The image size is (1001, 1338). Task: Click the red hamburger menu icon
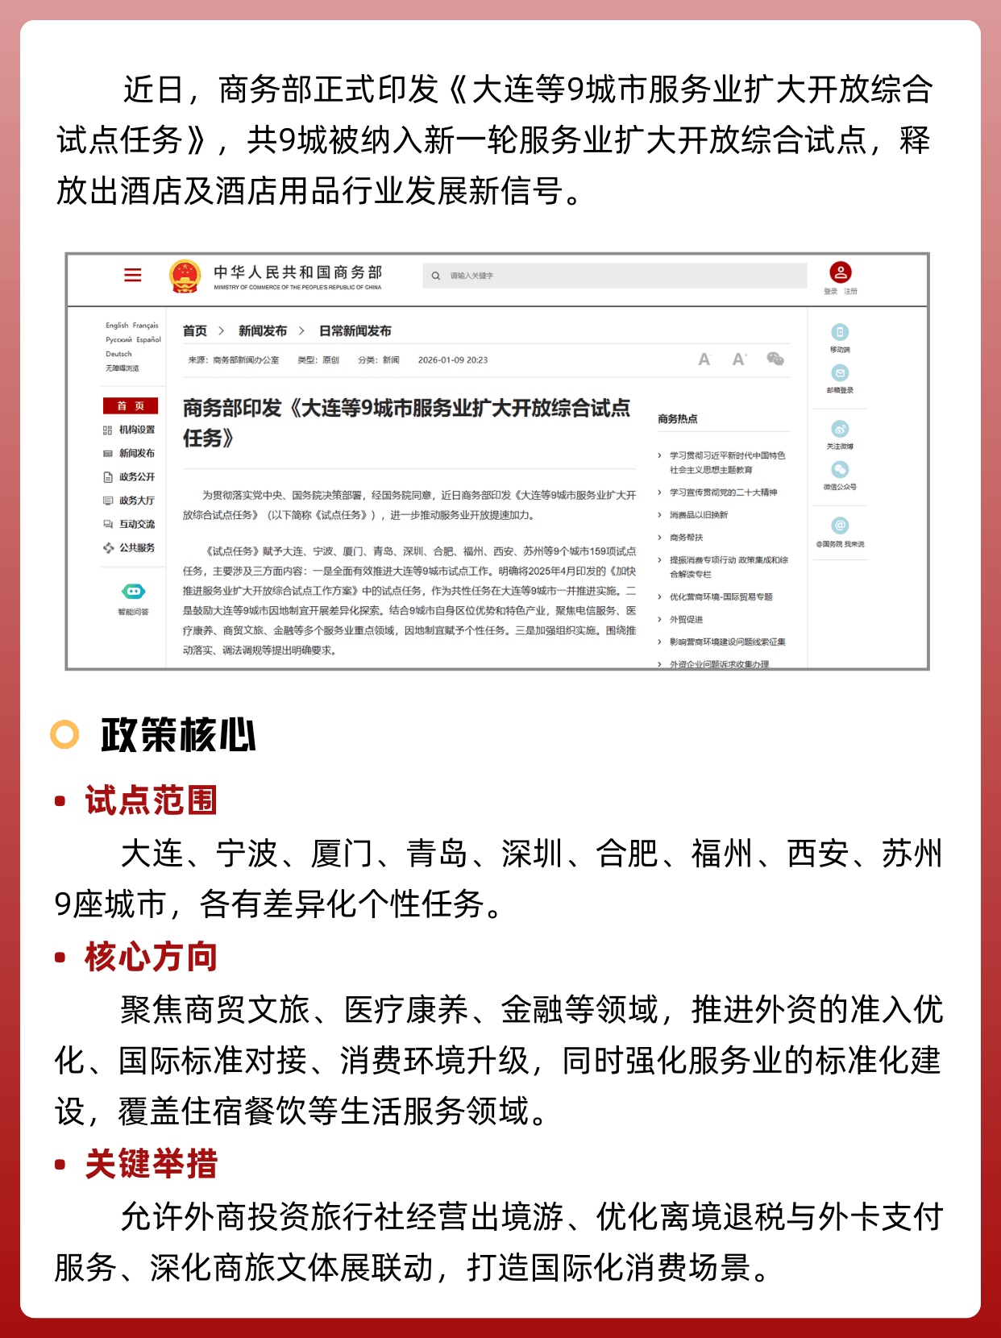133,275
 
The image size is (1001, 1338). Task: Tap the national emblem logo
185,276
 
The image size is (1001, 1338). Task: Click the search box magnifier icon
436,276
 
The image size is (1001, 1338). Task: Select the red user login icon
840,272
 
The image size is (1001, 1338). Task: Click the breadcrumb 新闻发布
263,330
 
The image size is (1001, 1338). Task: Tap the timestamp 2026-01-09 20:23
452,360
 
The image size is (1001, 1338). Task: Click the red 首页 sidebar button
130,405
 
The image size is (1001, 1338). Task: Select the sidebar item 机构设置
136,430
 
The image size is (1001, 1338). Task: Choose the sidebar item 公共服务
136,548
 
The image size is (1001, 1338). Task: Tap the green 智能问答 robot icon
133,592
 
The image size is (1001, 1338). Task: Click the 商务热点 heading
677,419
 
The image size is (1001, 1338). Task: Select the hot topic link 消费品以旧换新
698,515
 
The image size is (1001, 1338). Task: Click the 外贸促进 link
686,620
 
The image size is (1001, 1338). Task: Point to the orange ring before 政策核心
64,734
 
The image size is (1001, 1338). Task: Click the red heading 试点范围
152,800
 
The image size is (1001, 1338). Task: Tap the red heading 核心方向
152,957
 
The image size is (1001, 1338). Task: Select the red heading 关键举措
152,1164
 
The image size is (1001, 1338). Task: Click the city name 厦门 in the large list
343,854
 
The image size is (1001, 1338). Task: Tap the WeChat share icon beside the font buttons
775,359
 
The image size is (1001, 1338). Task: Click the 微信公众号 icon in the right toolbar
840,470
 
